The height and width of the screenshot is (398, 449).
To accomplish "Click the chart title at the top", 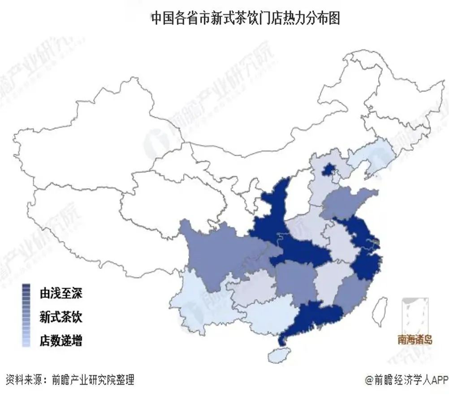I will (245, 19).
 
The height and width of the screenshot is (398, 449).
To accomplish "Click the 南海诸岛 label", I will (415, 339).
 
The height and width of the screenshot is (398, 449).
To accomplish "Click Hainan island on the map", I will (279, 356).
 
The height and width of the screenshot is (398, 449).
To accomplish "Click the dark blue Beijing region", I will (328, 170).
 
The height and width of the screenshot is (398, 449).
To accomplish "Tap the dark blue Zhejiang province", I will (365, 264).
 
